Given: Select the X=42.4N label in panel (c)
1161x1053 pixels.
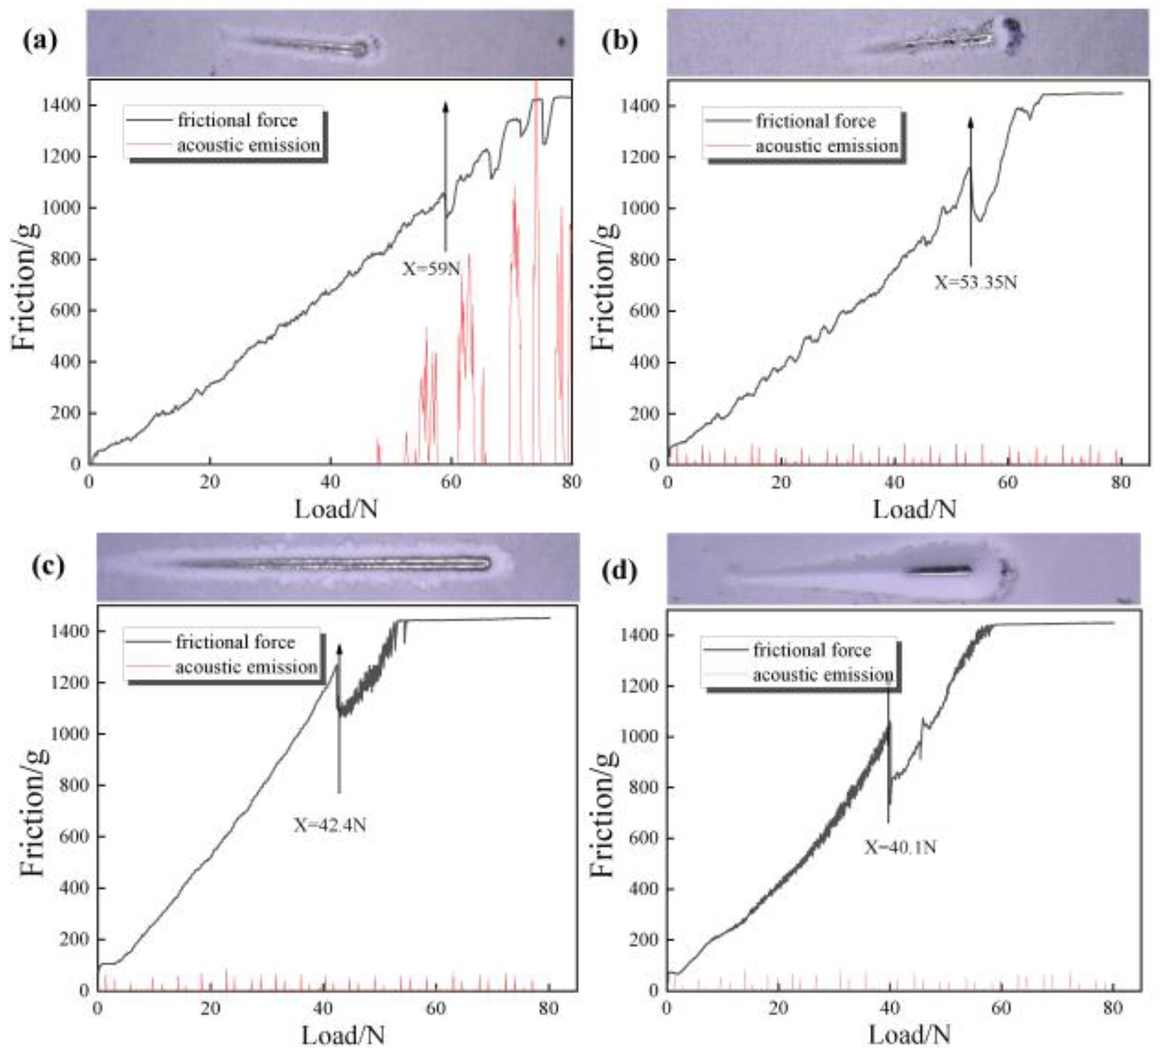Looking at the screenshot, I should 330,825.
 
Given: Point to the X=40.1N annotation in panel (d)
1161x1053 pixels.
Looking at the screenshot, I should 901,847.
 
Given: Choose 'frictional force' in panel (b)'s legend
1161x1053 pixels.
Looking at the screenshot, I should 816,121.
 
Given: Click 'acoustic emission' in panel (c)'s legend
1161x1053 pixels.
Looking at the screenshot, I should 246,667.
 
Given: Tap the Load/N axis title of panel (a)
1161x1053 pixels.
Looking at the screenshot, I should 336,509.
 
